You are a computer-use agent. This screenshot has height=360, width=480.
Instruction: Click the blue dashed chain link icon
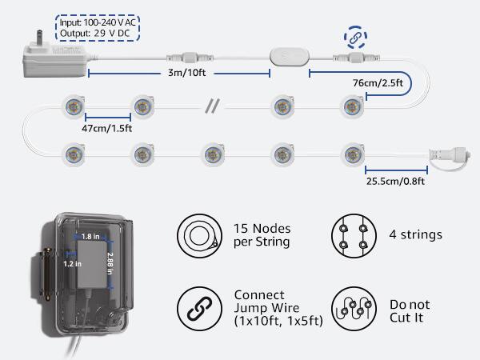[354, 37]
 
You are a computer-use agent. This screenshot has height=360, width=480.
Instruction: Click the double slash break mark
[212, 105]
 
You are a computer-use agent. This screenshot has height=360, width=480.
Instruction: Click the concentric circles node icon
[196, 234]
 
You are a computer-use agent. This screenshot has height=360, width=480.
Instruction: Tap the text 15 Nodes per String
[262, 234]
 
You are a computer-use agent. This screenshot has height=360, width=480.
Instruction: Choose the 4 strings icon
[353, 234]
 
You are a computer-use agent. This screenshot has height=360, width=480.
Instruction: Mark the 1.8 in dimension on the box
[90, 236]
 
